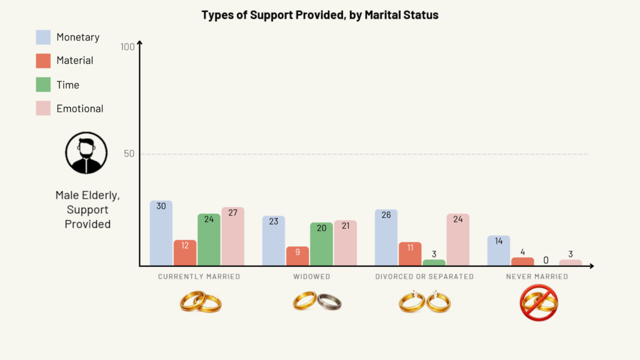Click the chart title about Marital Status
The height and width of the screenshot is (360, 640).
point(320,15)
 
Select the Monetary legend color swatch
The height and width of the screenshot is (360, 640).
point(43,37)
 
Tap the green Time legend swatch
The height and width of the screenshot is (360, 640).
point(43,84)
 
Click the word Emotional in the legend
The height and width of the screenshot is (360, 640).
point(80,109)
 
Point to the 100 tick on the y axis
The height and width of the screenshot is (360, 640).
point(127,47)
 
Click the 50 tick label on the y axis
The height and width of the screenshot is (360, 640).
point(129,154)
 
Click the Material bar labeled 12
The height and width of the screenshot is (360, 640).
point(184,252)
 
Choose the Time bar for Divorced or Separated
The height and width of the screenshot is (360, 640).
point(434,262)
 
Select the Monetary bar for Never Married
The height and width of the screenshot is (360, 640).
point(498,251)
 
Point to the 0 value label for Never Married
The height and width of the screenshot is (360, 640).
point(546,260)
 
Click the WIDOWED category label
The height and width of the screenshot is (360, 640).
point(311,276)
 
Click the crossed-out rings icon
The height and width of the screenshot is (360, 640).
point(539,303)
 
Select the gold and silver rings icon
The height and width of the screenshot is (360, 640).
point(317,302)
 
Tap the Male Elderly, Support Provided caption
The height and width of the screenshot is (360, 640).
point(87,209)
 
